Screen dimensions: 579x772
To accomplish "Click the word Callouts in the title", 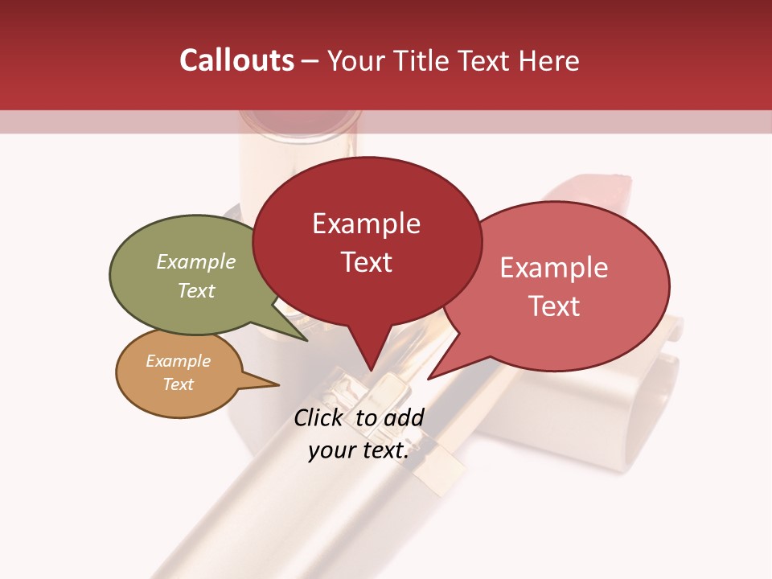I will coord(236,60).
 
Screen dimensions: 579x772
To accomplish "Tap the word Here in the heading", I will coord(550,60).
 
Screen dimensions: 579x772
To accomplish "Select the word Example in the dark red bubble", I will coord(366,224).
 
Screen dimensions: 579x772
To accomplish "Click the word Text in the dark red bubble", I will coord(366,262).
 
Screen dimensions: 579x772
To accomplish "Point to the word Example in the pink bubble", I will coord(553,268).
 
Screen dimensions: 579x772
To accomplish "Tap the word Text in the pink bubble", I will coord(553,306).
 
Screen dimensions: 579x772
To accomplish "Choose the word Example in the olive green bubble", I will coord(195,262).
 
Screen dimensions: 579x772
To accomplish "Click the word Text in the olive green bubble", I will coord(195,290).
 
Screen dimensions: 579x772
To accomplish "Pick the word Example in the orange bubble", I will coord(178,361).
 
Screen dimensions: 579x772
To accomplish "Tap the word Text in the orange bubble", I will coord(178,384).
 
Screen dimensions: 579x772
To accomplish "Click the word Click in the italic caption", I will coord(318,417).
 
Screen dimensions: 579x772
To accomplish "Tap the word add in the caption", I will coord(404,417).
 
